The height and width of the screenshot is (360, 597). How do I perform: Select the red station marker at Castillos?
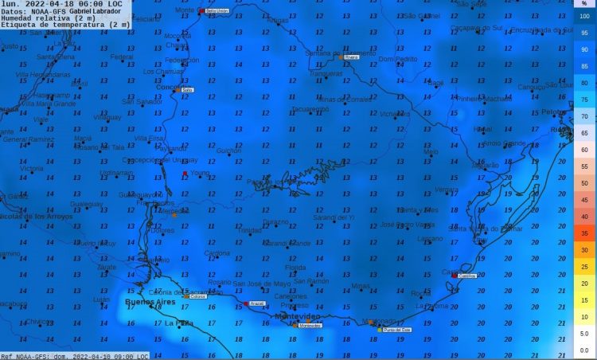click(454, 276)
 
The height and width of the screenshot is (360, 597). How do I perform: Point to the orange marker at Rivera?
click(341, 57)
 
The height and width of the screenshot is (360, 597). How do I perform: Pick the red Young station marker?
click(185, 173)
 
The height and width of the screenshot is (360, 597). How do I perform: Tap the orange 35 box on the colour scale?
click(584, 233)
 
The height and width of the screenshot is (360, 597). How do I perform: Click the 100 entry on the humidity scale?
click(584, 16)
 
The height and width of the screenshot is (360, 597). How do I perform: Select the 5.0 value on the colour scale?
click(584, 334)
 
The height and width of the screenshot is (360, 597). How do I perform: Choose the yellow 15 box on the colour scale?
click(584, 300)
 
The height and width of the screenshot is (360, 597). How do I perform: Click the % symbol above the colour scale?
click(584, 4)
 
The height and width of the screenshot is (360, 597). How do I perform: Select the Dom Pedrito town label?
click(396, 60)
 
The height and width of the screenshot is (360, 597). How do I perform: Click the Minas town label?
click(361, 286)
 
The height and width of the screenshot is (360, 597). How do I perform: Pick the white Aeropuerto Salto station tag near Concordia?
click(188, 90)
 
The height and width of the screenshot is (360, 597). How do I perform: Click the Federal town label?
click(122, 57)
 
